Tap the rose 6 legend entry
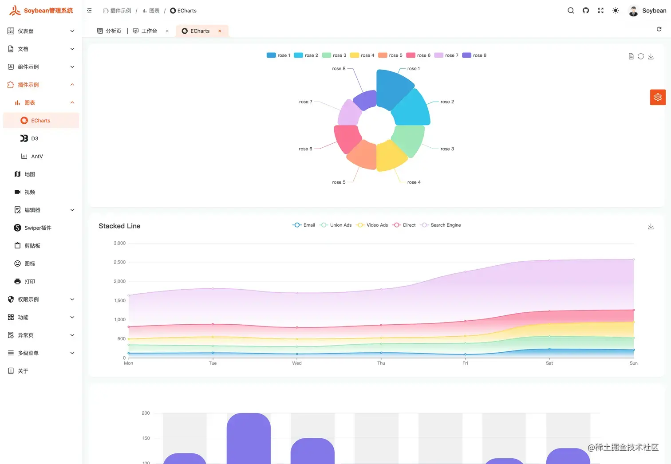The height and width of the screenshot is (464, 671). coord(418,55)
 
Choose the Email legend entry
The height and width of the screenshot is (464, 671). coord(304,225)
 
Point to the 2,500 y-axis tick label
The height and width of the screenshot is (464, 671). coord(119,262)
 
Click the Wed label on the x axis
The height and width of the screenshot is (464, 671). coord(297,363)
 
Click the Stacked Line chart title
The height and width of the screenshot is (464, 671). coord(119,226)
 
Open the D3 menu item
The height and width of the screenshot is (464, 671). coord(35,138)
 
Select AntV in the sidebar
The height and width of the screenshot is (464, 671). coord(37,157)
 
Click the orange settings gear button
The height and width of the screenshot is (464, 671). coord(658,97)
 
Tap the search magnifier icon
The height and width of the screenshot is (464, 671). coord(571,11)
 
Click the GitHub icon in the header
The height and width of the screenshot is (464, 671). coord(586,11)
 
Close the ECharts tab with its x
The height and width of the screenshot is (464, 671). coord(220,31)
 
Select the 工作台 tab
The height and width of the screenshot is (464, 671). coord(149,31)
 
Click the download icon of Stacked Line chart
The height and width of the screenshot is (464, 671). coord(651,227)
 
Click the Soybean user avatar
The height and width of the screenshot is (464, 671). coord(633,11)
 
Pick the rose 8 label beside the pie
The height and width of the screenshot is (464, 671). coord(338,69)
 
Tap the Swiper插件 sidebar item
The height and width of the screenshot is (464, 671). coord(38,228)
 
